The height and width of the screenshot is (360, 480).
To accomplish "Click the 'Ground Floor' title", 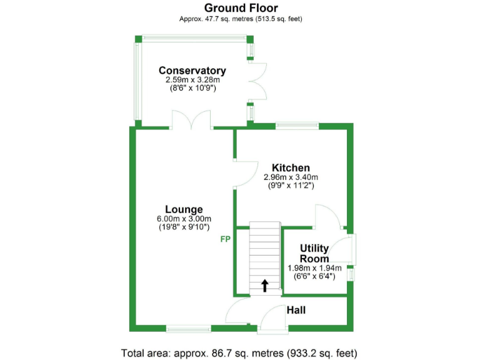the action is [241, 8].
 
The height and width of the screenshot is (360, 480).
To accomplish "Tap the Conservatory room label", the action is [192, 71].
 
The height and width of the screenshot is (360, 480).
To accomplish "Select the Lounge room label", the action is [184, 209].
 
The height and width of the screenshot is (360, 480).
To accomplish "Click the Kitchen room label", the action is [291, 167].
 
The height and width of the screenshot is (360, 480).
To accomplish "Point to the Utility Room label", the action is [314, 254].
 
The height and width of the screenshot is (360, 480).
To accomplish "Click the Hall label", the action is [296, 310].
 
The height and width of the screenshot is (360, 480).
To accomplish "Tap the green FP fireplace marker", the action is [225, 239].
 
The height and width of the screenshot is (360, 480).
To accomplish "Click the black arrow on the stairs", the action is [264, 286].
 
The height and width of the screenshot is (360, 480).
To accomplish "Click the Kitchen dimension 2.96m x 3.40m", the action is [291, 177].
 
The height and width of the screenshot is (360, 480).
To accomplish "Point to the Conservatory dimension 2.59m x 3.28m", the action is [192, 80].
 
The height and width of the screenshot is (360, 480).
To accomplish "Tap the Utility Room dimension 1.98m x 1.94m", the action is [314, 268].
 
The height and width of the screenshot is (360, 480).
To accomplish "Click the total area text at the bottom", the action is [240, 352].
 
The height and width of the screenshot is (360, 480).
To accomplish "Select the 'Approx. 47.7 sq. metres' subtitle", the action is [241, 19].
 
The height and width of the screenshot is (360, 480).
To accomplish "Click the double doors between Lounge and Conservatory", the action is [192, 120].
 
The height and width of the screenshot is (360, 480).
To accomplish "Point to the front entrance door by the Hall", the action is [273, 318].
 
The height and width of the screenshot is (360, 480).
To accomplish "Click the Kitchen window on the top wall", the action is [297, 126].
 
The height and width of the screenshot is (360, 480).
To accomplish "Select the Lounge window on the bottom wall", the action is [189, 328].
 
